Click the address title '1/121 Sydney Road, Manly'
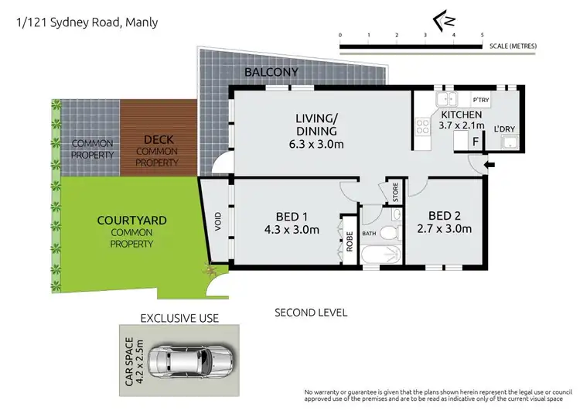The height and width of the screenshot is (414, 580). tap(87, 22)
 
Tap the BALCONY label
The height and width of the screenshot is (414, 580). tap(270, 73)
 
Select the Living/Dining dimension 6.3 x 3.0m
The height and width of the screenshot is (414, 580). tap(316, 144)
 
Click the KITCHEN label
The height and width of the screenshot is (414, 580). tap(461, 115)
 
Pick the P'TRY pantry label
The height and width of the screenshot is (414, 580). tap(481, 101)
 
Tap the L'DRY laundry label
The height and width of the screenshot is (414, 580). tap(504, 128)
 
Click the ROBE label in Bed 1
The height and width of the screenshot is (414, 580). tap(349, 242)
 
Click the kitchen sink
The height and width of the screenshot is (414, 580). tap(447, 99)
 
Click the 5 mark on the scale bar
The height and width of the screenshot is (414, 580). tap(482, 36)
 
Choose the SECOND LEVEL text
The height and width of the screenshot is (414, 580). tap(311, 313)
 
